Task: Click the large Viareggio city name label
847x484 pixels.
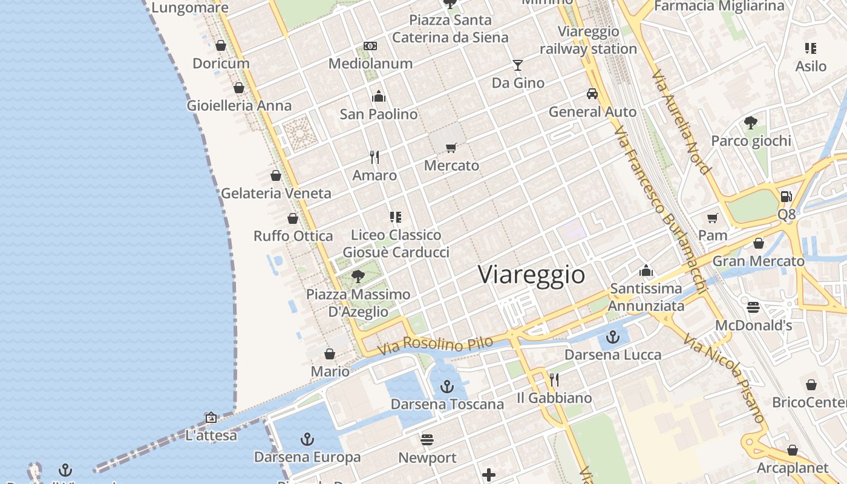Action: tap(532, 275)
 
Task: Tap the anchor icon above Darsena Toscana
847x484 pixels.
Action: tap(447, 386)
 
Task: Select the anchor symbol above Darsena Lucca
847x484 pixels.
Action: tap(613, 336)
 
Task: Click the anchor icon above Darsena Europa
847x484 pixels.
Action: tap(307, 439)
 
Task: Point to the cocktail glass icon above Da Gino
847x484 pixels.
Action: tap(518, 65)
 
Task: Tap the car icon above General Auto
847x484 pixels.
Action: tap(592, 94)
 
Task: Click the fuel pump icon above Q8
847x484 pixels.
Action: tap(786, 196)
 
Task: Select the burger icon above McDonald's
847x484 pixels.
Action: tap(753, 307)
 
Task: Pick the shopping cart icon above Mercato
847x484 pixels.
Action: tap(451, 148)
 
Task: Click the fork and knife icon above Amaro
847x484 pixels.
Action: tap(374, 157)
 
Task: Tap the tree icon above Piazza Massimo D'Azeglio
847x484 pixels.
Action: tap(358, 276)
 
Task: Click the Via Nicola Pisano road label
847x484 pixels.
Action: tap(724, 378)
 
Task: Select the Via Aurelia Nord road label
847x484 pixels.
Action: tap(681, 122)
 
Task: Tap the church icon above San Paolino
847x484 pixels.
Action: tap(379, 96)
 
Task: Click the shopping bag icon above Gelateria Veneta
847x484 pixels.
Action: tap(276, 175)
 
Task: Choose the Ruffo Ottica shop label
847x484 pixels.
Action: tap(293, 236)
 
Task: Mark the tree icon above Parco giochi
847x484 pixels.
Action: tap(751, 123)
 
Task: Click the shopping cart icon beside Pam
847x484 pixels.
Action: tap(713, 218)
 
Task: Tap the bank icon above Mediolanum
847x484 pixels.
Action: tap(370, 46)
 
